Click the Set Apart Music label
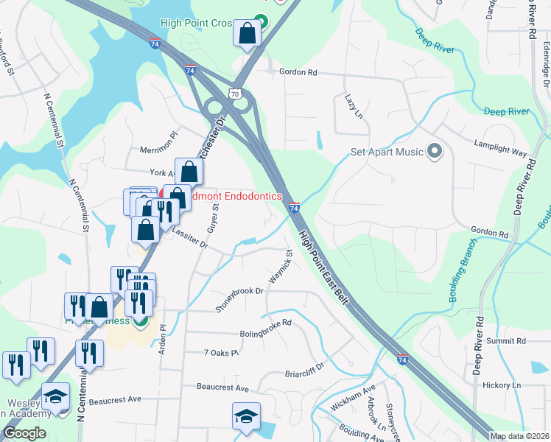tap(386, 152)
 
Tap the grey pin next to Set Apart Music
tap(435, 152)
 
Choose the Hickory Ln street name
tap(502, 385)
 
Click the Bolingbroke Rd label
tap(266, 323)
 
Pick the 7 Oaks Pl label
tap(222, 354)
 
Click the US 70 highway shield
tap(234, 94)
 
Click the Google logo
tap(25, 433)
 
